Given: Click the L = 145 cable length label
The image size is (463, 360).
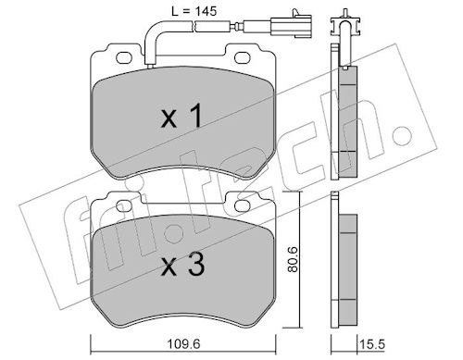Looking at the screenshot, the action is pyautogui.click(x=194, y=12).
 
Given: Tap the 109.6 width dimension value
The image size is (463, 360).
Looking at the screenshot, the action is pyautogui.click(x=183, y=344).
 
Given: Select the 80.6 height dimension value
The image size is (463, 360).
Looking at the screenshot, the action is pyautogui.click(x=293, y=259).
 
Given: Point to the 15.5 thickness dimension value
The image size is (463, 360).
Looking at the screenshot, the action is pyautogui.click(x=372, y=344).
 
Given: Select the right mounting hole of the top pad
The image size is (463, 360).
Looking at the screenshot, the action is pyautogui.click(x=243, y=57).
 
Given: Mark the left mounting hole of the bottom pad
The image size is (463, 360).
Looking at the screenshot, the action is pyautogui.click(x=124, y=206).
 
